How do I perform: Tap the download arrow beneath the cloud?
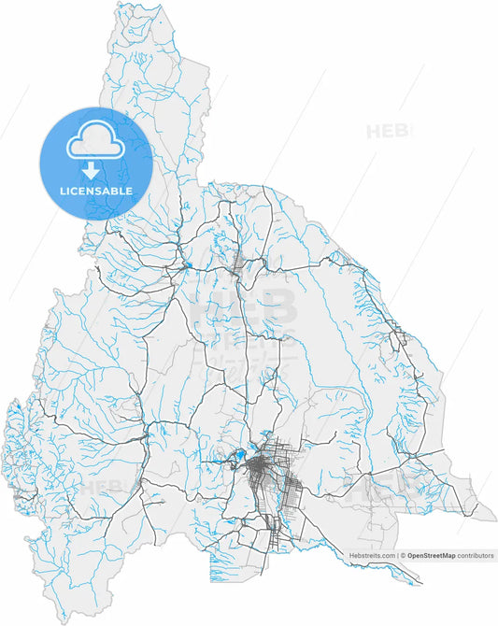91,170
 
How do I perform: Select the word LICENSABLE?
95,191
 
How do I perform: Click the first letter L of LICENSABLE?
61,191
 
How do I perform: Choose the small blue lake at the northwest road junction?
186,266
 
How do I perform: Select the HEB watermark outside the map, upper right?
389,132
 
